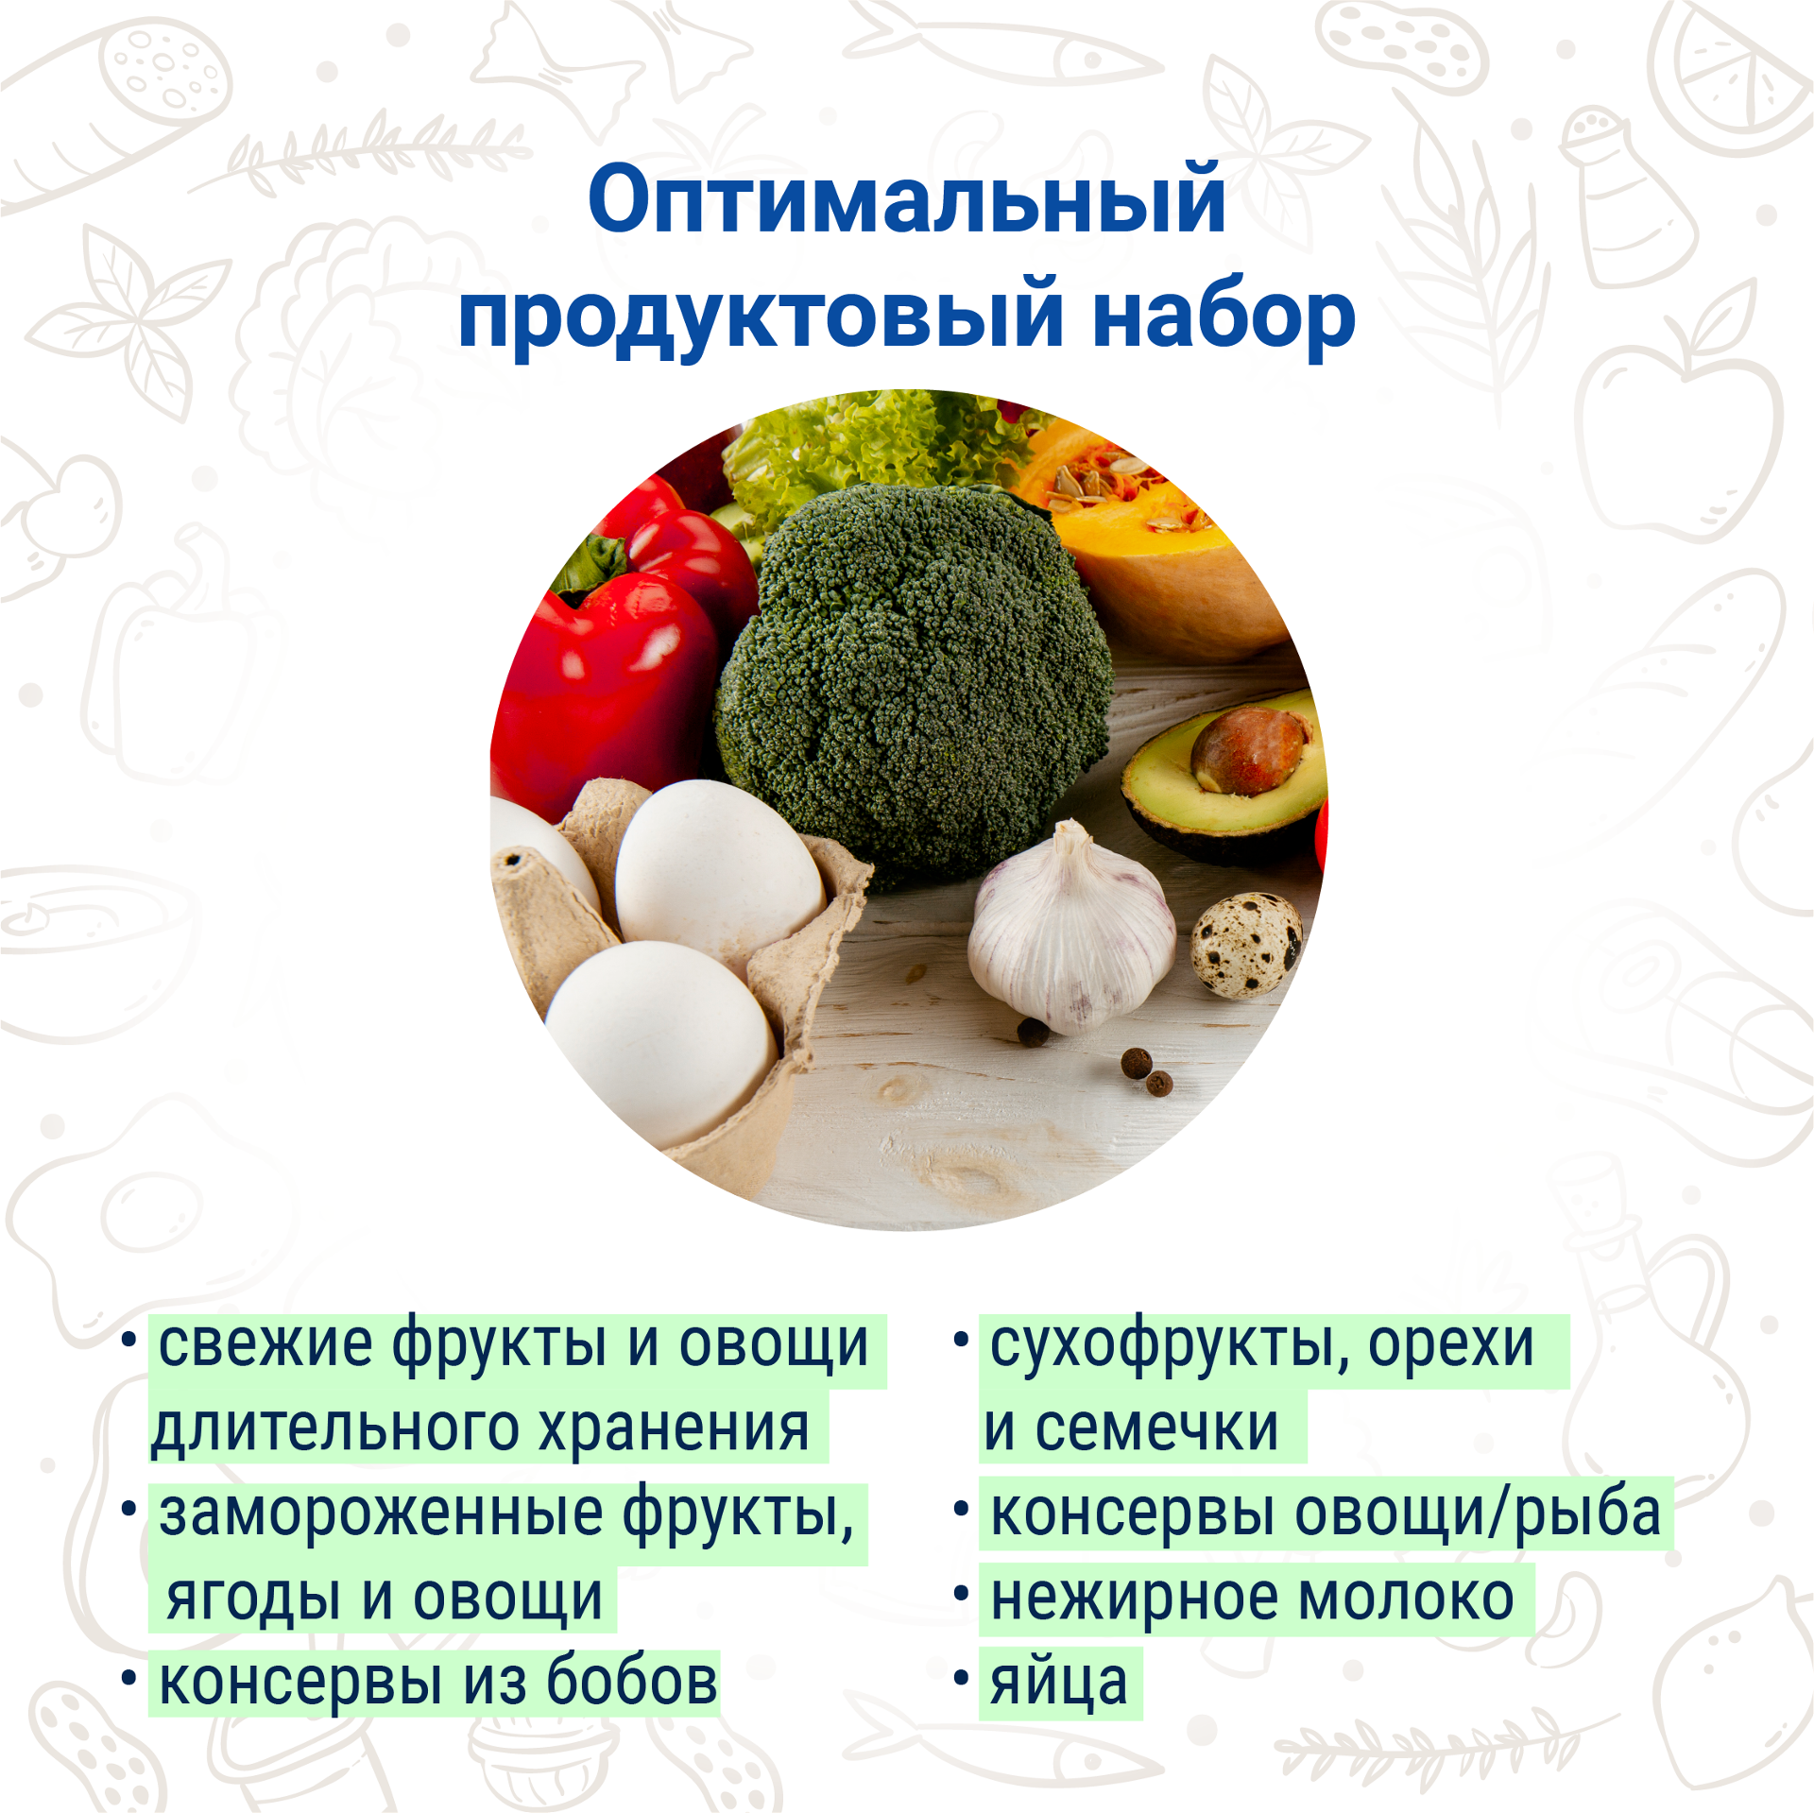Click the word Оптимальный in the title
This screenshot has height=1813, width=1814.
coord(907,199)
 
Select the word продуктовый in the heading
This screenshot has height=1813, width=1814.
coord(762,316)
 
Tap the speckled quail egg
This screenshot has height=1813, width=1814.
coord(1245,946)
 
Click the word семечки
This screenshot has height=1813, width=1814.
coord(1156,1428)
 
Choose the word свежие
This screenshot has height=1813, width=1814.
coord(265,1345)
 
